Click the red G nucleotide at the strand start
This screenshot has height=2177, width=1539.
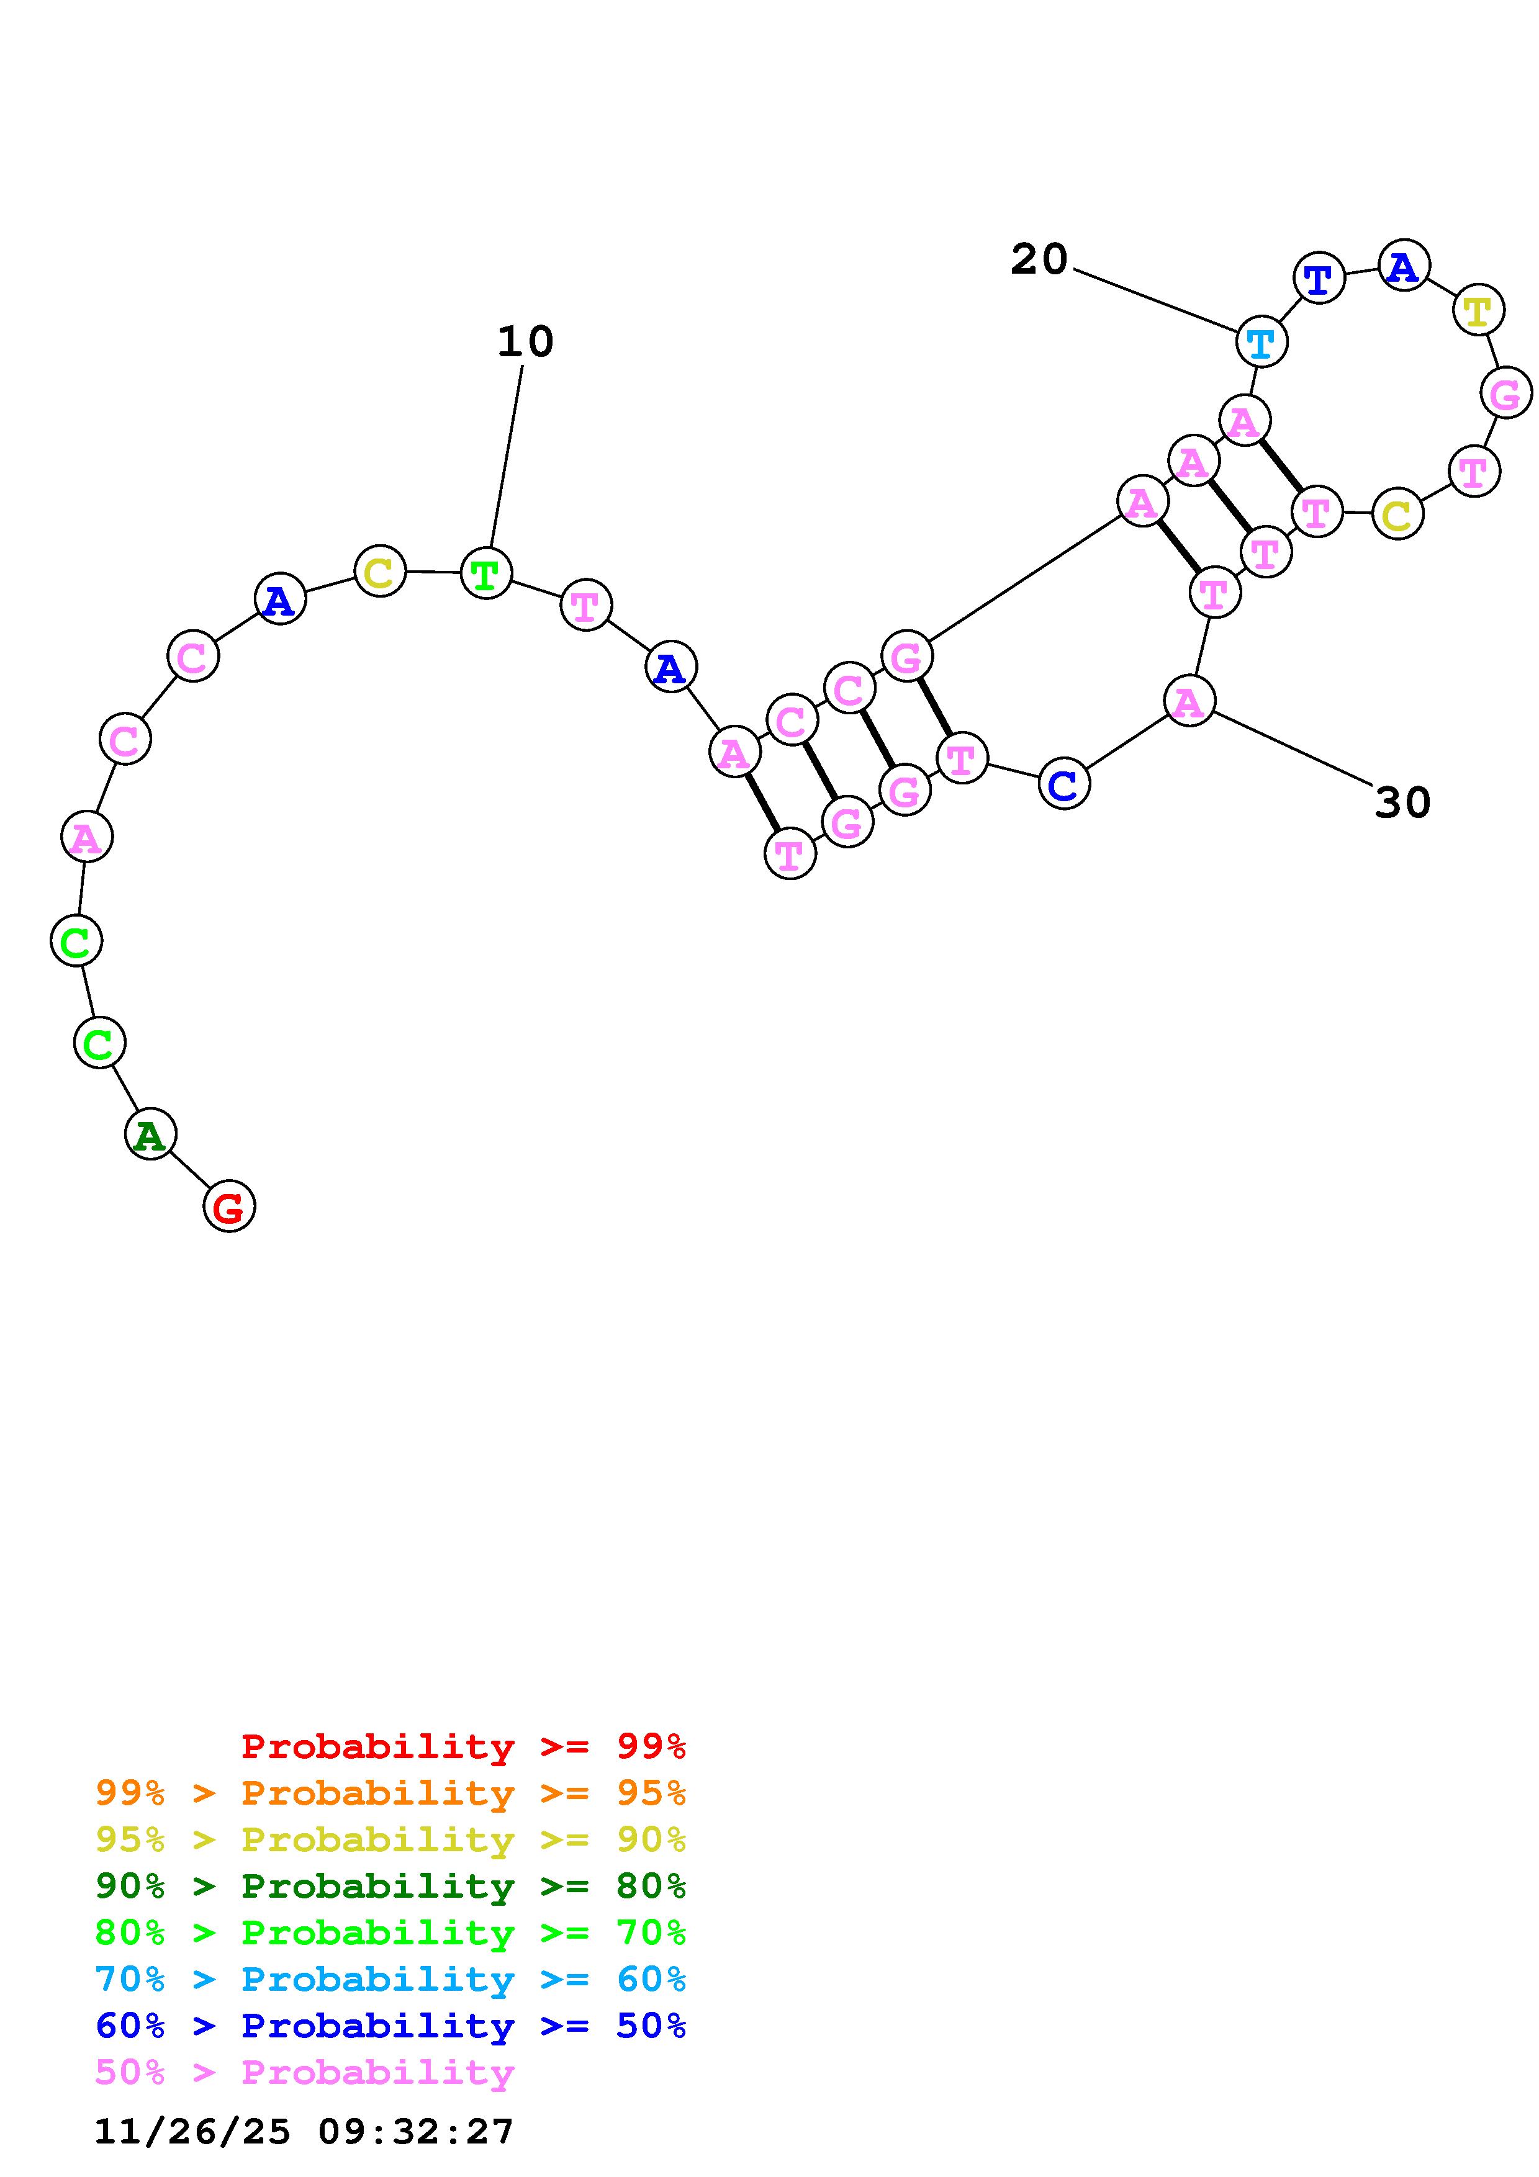[x=228, y=1206]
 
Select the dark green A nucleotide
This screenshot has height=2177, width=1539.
[x=150, y=1134]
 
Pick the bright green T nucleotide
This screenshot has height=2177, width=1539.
[x=485, y=573]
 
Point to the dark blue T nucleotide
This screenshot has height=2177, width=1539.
[x=1318, y=279]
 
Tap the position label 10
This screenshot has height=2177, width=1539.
[x=525, y=341]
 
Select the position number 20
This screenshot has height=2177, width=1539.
[x=1039, y=259]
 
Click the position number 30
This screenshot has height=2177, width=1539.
[x=1402, y=802]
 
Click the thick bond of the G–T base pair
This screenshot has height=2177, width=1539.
[x=934, y=706]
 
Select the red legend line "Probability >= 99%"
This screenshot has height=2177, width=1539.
[x=463, y=1746]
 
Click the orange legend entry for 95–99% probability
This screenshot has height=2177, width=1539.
[x=390, y=1793]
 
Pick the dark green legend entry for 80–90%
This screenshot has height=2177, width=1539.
[x=390, y=1886]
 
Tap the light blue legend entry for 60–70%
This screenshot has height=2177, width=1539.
[x=390, y=1979]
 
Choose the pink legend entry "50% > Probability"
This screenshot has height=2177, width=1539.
[x=304, y=2072]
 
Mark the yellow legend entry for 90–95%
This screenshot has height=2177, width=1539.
[x=390, y=1839]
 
